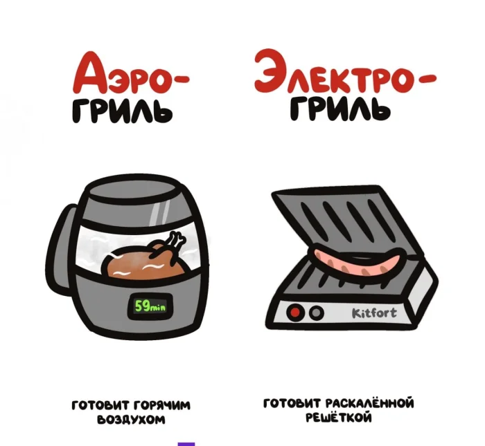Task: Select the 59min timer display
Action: [150, 306]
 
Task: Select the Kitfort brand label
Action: [374, 313]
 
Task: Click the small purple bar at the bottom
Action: [186, 443]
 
